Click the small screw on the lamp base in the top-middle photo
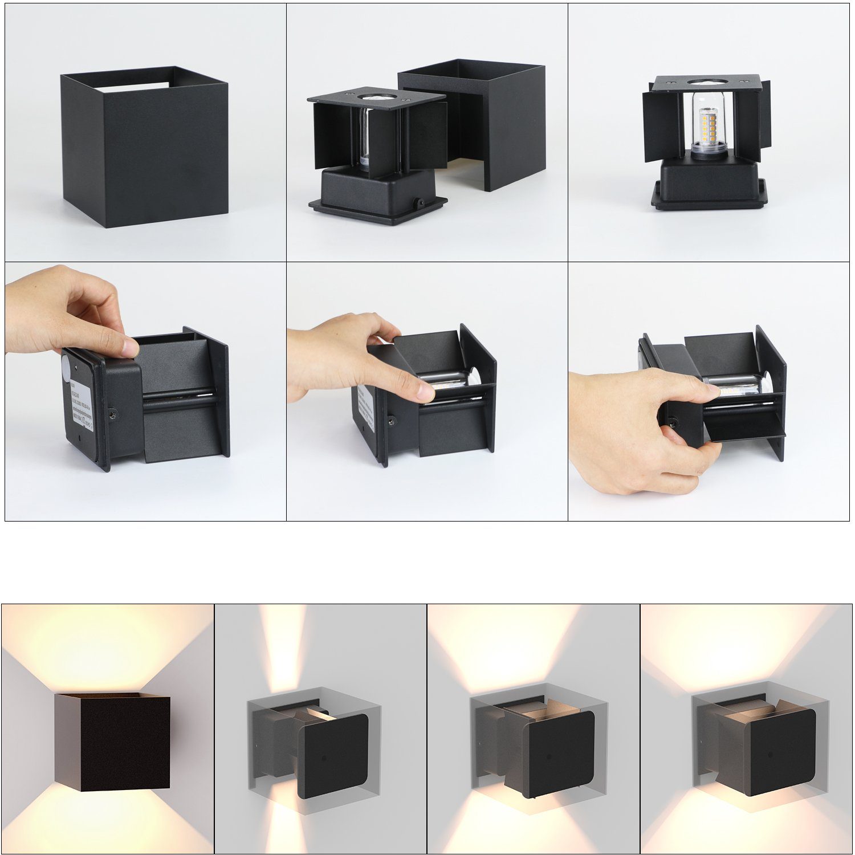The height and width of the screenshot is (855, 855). [420, 203]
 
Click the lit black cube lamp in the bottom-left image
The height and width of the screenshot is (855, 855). [113, 742]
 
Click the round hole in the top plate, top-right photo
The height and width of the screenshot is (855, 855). [707, 82]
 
